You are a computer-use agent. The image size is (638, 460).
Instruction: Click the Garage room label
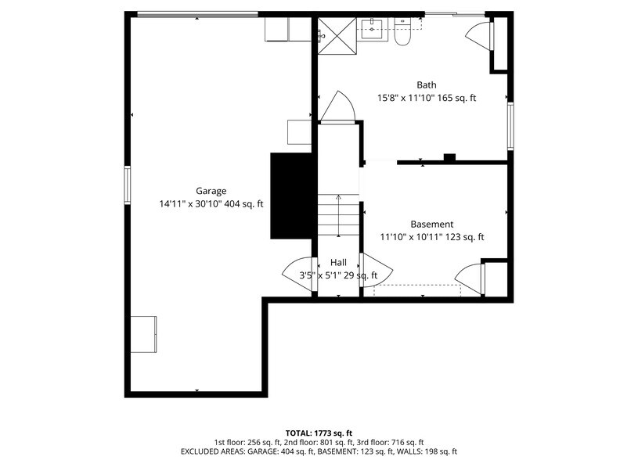coord(211,191)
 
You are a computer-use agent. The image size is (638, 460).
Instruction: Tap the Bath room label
coord(426,85)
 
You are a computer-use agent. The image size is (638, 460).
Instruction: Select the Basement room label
coord(431,225)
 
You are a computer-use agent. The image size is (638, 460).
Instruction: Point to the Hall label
coord(338,263)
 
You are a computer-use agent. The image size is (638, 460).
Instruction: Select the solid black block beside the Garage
coord(292,196)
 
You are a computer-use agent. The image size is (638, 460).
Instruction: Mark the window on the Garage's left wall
coord(128,185)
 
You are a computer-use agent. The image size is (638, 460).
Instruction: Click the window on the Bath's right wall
coord(510,126)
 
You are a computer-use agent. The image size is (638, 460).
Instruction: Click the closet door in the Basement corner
coord(470,279)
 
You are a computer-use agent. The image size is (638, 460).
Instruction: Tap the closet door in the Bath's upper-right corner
coord(479,35)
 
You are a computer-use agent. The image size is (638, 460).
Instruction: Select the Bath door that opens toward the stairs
coord(339,108)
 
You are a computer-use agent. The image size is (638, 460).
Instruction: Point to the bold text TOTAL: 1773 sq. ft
coord(319,433)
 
